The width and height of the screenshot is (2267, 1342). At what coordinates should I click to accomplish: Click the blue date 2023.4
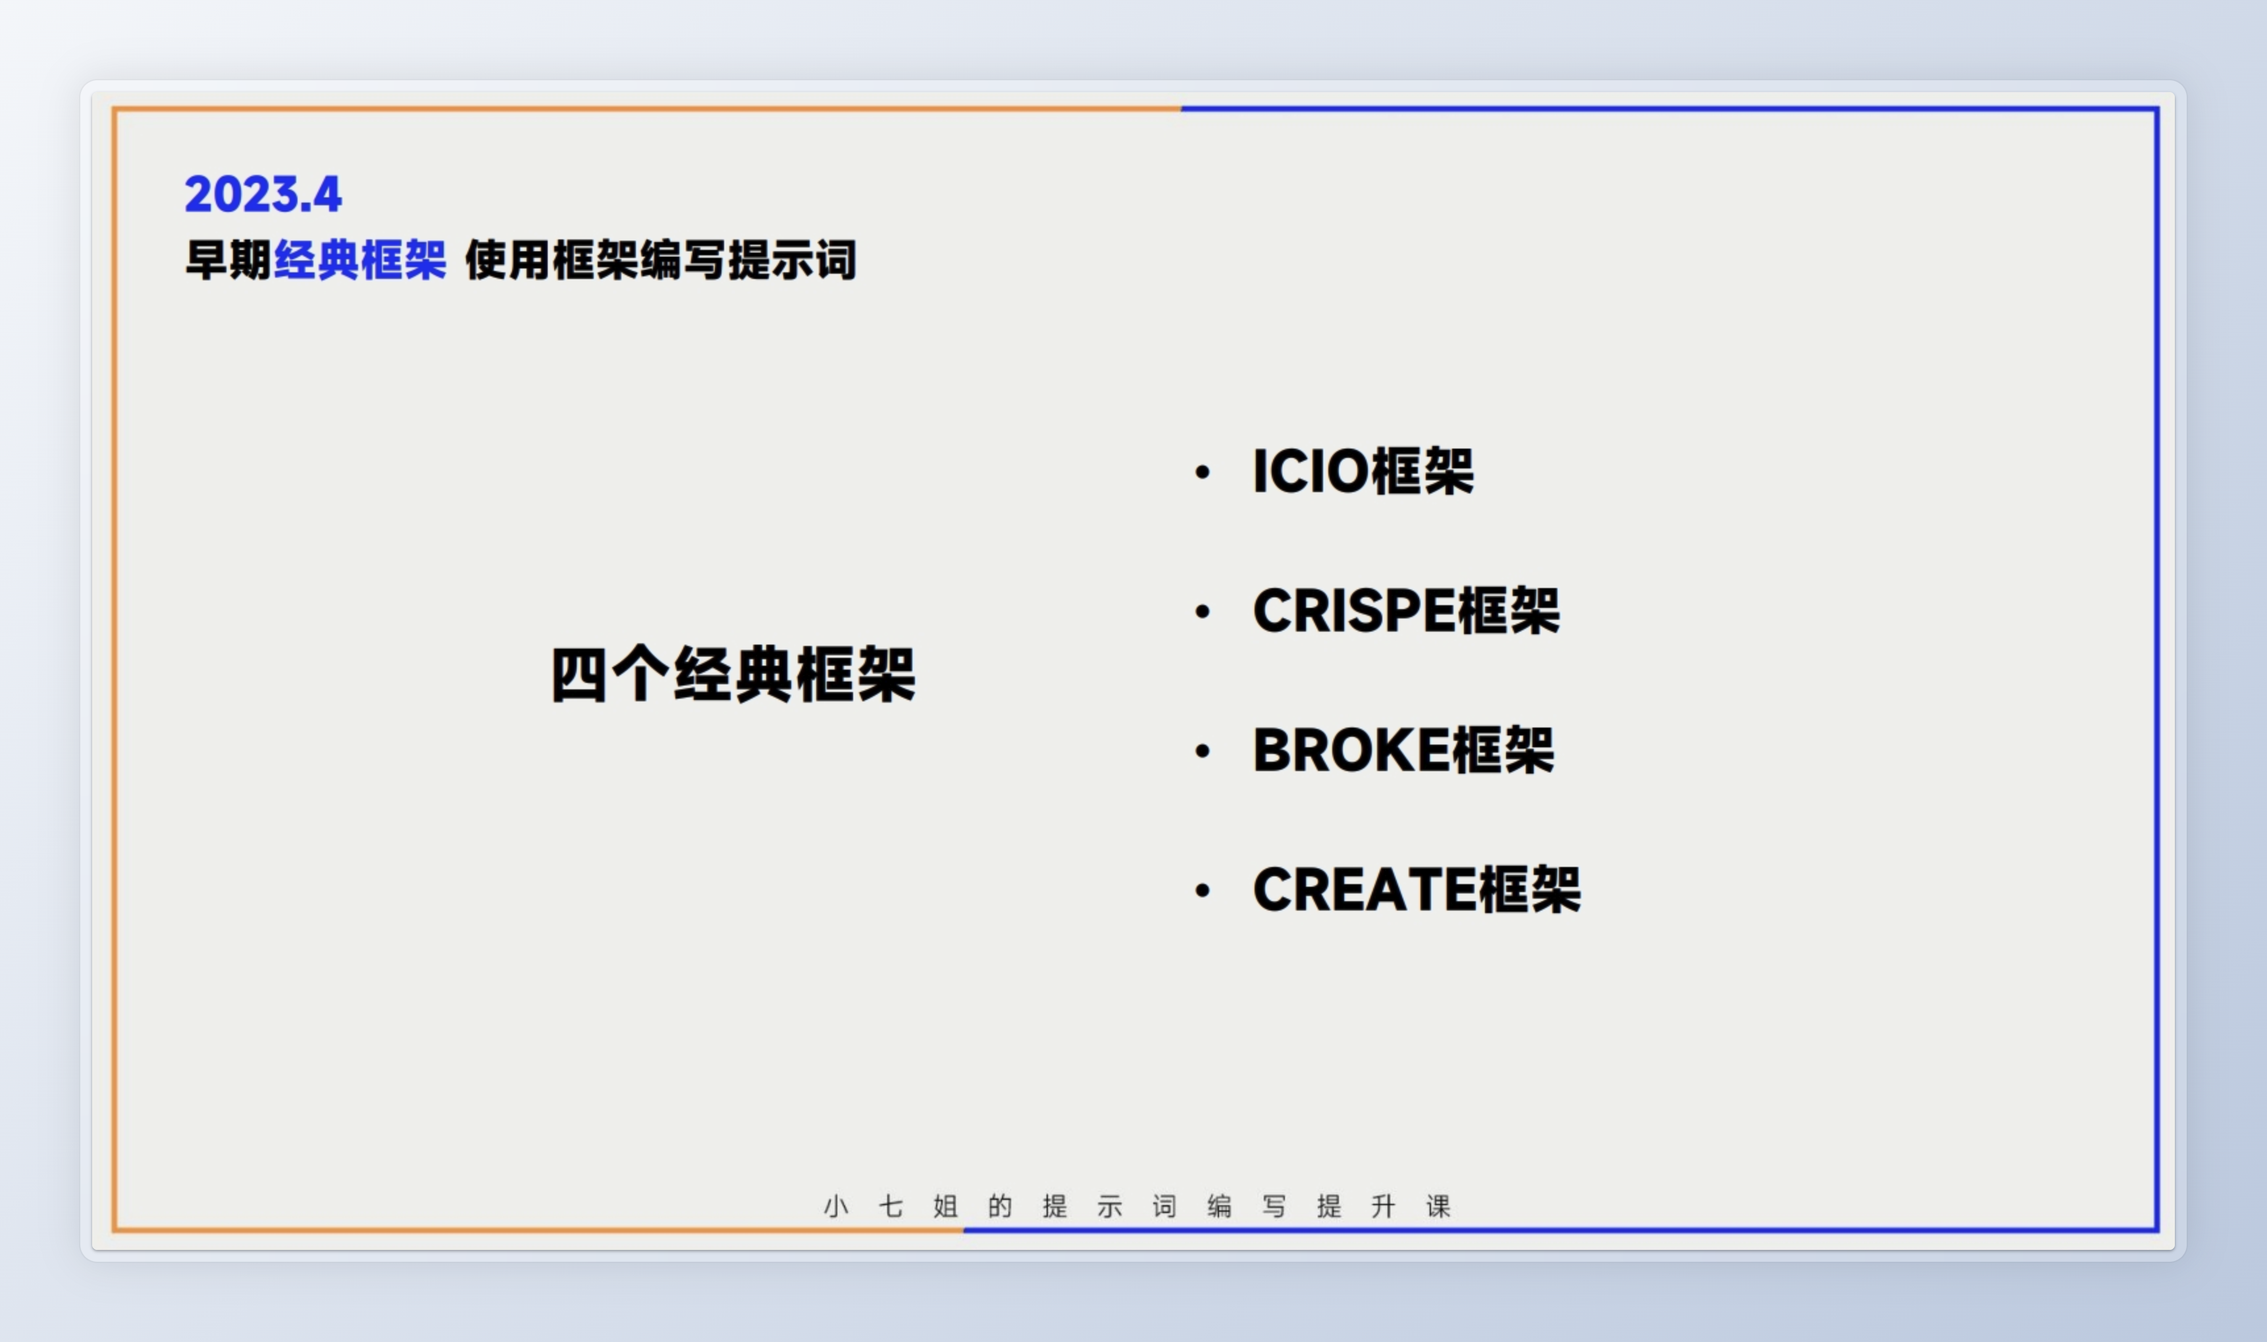263,195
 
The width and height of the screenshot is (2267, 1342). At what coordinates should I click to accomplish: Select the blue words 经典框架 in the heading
360,261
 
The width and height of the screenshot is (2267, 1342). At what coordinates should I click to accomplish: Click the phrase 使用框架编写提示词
660,261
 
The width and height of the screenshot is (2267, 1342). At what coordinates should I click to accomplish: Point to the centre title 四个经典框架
734,674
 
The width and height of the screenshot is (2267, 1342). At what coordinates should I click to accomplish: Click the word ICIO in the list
1311,471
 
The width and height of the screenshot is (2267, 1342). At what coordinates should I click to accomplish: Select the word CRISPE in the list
1354,610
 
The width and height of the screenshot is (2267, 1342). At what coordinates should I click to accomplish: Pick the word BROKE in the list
1351,750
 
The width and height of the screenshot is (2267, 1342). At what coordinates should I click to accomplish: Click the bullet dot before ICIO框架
1202,472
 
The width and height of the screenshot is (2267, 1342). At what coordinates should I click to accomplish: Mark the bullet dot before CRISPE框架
1202,611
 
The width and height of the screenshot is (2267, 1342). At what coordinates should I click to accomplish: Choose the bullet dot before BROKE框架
1202,751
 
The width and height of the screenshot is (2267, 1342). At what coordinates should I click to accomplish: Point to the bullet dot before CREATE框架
1202,890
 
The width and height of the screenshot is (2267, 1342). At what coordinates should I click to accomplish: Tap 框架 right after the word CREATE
1530,889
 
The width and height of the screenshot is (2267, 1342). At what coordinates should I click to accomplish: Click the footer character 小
836,1206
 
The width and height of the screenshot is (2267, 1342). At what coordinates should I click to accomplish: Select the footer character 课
1438,1206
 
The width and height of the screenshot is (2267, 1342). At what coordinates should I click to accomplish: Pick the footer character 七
891,1206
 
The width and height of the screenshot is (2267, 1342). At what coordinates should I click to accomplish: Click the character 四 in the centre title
579,674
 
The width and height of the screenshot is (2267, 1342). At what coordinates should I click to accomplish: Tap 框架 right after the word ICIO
1422,471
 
